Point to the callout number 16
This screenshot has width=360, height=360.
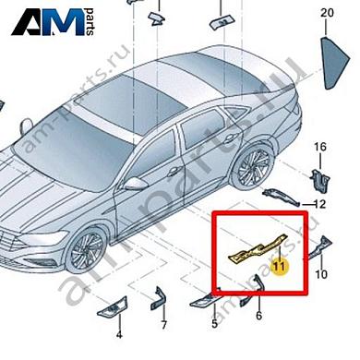pos(320,148)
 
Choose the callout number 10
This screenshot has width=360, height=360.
pos(320,274)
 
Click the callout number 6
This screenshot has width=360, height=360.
pos(259,316)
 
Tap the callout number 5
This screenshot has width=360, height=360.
pos(214,324)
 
